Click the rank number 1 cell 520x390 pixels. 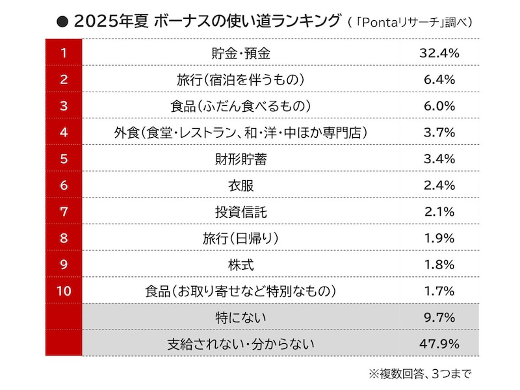[x=63, y=53]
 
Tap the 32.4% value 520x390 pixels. [x=440, y=53]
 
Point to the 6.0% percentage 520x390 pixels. [x=440, y=106]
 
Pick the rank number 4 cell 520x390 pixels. [x=63, y=133]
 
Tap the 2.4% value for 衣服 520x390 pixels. [x=440, y=185]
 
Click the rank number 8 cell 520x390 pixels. [x=63, y=238]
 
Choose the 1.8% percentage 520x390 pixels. [x=440, y=265]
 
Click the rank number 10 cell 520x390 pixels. [x=63, y=291]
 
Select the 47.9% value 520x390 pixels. [x=440, y=343]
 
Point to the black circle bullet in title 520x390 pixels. [x=63, y=21]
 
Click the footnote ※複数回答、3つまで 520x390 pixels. [x=419, y=374]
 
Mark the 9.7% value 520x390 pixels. [x=440, y=317]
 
